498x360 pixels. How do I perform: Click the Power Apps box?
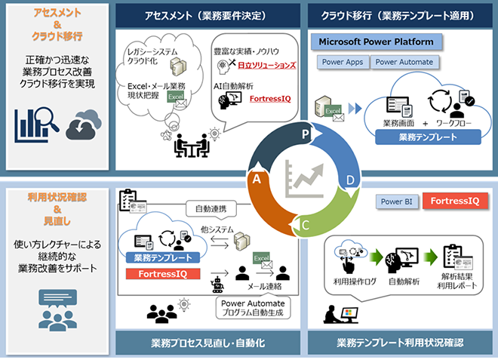click(x=342, y=63)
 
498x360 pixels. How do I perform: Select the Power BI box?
click(x=397, y=202)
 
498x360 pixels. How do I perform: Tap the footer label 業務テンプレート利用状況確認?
click(x=399, y=342)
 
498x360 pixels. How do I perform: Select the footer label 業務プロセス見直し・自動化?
click(x=207, y=342)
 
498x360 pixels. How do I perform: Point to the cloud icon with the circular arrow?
click(x=83, y=125)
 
